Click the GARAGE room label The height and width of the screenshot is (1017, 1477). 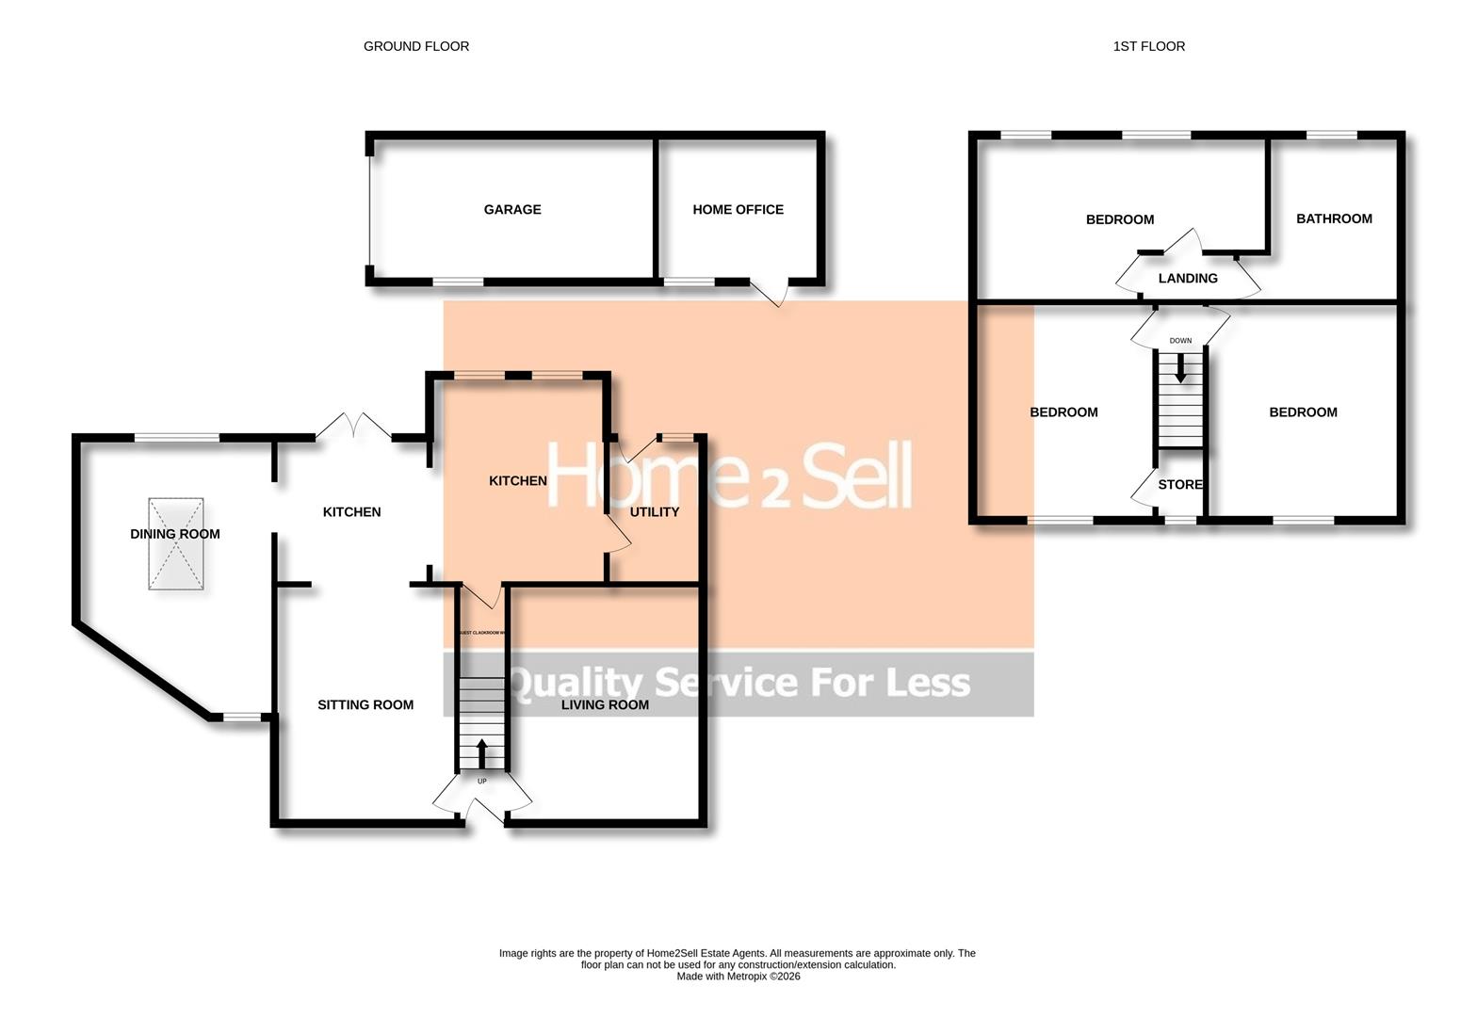coord(512,210)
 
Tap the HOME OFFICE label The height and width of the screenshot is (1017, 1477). coord(738,210)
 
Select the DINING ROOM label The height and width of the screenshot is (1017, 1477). coord(175,534)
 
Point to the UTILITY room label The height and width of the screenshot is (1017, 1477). coord(655,512)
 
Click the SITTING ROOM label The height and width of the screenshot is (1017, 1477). coord(365,705)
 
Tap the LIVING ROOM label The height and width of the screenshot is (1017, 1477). coord(605,705)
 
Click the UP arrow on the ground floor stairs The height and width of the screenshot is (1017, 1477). coord(482,753)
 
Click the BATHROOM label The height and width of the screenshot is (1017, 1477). coord(1334,218)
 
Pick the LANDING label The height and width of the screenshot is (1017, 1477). coord(1188,279)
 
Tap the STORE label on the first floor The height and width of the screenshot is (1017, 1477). coord(1180,485)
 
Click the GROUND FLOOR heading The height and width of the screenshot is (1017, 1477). coord(416,46)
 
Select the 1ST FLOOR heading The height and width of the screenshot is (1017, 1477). coord(1149,46)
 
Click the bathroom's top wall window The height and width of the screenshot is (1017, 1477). coord(1332,136)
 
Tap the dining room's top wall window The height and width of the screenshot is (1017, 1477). coord(177,437)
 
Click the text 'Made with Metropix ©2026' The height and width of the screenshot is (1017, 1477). coord(738,977)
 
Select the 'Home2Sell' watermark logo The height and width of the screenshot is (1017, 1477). coord(730,476)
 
